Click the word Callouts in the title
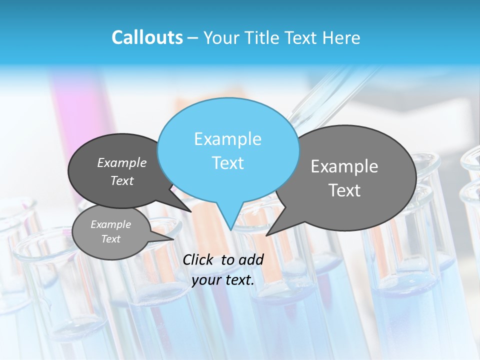147,37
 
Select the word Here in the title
341,37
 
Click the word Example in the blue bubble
227,139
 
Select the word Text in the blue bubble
227,163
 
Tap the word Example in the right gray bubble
344,166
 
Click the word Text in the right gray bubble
344,190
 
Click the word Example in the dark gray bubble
121,162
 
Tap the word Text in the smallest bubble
110,239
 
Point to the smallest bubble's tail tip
173,239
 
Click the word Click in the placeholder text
198,259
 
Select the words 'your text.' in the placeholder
223,280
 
